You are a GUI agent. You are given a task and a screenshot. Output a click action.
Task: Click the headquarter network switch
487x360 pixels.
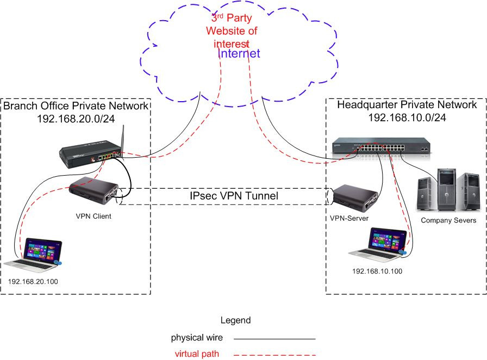pos(380,147)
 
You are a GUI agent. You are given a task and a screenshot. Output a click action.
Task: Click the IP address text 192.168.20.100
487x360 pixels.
pos(33,282)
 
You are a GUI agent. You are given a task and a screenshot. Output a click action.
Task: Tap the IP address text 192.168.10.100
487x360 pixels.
pos(377,271)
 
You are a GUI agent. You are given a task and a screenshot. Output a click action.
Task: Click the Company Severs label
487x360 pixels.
pos(448,220)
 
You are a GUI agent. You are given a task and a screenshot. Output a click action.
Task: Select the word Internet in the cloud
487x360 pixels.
pos(239,53)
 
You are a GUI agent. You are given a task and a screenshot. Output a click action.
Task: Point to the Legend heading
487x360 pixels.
pos(235,320)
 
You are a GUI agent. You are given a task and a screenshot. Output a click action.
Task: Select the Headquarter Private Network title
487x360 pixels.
pos(407,104)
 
